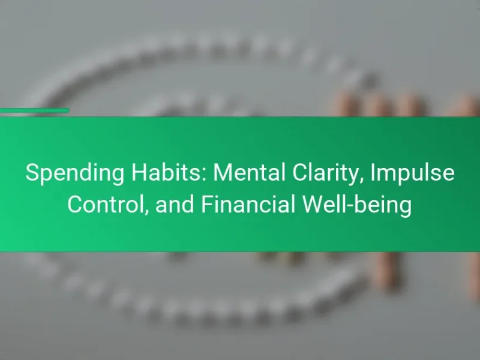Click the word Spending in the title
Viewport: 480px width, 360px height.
(x=74, y=173)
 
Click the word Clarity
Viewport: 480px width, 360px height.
(x=327, y=173)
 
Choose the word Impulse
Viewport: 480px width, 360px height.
(x=413, y=173)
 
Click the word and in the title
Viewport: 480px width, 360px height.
(x=175, y=204)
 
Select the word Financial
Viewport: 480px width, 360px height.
(x=248, y=204)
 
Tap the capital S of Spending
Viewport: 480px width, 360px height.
(x=33, y=173)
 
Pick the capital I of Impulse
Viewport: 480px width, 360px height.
(x=373, y=173)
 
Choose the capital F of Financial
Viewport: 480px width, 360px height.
(x=208, y=204)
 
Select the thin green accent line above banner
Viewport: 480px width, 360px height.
(x=35, y=110)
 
